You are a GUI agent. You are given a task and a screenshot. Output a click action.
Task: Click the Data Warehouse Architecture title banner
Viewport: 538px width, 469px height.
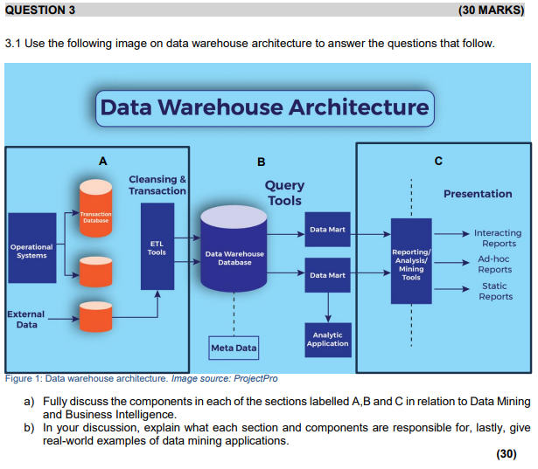point(265,107)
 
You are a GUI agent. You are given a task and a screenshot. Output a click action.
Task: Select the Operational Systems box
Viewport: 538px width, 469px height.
point(31,251)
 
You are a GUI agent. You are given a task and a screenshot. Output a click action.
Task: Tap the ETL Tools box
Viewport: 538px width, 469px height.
point(157,246)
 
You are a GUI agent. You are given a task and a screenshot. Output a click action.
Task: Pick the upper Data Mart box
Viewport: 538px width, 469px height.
point(327,230)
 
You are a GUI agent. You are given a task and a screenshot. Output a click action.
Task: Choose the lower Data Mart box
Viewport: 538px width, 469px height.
point(327,275)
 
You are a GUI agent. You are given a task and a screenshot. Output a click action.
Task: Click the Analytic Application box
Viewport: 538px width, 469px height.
point(327,339)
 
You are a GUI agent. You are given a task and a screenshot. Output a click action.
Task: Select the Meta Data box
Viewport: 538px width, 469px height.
point(234,348)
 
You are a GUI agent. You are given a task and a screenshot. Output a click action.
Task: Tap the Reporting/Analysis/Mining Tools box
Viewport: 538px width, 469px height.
point(410,261)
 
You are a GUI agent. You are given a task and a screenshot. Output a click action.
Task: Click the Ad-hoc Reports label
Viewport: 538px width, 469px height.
point(494,264)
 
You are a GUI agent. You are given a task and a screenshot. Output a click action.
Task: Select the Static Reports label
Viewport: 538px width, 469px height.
point(495,291)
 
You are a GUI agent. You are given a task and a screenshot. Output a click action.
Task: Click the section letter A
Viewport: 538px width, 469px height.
point(103,161)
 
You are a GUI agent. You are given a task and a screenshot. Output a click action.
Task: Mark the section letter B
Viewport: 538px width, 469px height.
point(261,162)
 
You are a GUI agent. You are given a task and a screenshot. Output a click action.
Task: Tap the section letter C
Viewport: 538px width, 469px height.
point(438,161)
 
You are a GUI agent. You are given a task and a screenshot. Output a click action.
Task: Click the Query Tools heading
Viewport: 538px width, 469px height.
point(284,192)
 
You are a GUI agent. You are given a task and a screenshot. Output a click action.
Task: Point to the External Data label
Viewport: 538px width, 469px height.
point(26,319)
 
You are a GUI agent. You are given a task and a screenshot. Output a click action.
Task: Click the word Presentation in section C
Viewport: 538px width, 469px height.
point(478,194)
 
